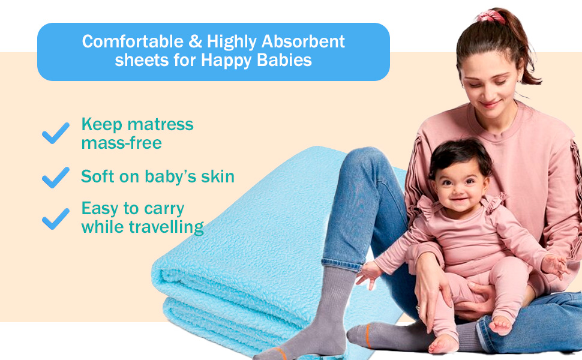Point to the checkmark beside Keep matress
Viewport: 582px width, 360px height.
coord(56,133)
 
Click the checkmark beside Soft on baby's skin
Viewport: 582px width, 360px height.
coord(56,177)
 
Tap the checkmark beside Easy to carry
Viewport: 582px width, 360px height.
coord(56,218)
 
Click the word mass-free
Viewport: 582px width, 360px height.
coord(121,143)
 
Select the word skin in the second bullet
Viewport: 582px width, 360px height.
coord(217,176)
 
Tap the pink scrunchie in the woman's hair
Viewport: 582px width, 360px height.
coord(491,16)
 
